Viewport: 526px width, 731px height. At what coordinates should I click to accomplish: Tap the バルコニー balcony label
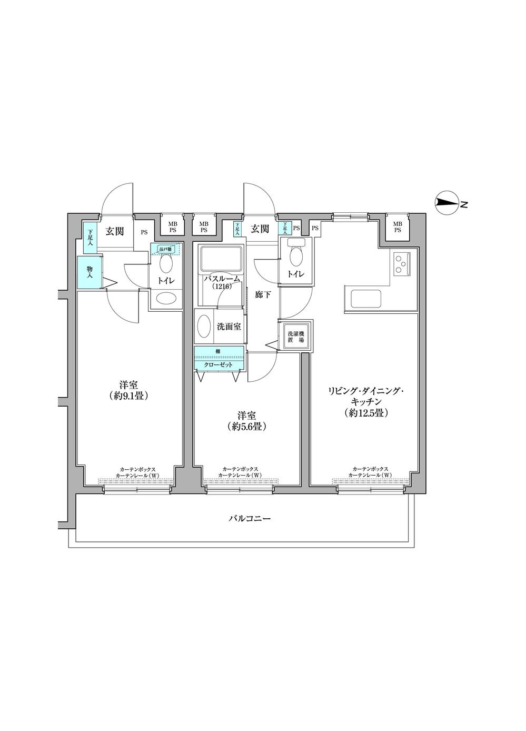point(250,519)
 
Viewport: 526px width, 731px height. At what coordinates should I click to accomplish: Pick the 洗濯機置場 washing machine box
point(295,337)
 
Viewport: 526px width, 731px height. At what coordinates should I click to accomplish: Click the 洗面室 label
point(229,327)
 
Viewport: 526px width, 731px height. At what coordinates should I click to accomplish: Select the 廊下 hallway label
point(263,295)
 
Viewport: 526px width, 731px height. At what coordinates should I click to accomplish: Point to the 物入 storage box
point(88,272)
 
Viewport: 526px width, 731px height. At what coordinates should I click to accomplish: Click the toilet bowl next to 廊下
point(296,256)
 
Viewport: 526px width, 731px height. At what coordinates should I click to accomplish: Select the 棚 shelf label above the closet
point(218,351)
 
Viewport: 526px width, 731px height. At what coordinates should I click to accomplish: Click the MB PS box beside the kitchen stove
point(398,227)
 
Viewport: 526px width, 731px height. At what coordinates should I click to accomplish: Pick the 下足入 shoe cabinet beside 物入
point(90,235)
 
